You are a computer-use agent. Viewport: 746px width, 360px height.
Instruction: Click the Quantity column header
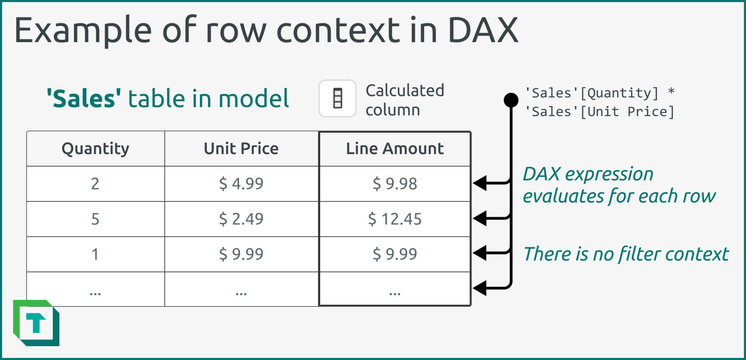(95, 149)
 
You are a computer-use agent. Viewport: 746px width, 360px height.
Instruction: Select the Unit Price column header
(241, 149)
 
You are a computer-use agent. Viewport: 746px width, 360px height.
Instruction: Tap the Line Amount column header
(395, 149)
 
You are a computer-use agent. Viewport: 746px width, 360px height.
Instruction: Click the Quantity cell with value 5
(95, 219)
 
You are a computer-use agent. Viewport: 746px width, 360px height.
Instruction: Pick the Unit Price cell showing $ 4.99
(241, 184)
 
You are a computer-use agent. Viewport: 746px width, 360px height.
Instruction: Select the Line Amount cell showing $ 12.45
(395, 219)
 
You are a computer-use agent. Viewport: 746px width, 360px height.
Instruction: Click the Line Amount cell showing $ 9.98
(395, 184)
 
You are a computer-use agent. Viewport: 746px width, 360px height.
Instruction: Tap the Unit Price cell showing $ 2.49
(241, 219)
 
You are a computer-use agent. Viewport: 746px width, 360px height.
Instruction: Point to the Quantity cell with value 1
(95, 254)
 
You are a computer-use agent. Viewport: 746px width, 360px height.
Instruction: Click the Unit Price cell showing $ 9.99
(241, 254)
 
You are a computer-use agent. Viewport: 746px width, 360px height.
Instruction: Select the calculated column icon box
(337, 98)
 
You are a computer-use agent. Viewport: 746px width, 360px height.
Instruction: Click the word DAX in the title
(483, 31)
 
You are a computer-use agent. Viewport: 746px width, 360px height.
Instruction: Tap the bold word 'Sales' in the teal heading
(84, 99)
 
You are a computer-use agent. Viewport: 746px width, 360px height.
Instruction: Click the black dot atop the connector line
(511, 100)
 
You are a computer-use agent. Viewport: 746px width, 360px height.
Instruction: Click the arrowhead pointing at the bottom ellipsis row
(480, 288)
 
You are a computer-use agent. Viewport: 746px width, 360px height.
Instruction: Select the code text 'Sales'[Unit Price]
(600, 112)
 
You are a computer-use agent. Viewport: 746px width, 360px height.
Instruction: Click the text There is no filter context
(626, 254)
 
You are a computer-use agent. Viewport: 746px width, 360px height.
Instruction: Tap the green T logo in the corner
(36, 323)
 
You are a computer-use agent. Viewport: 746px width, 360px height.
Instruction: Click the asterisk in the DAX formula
(671, 91)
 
